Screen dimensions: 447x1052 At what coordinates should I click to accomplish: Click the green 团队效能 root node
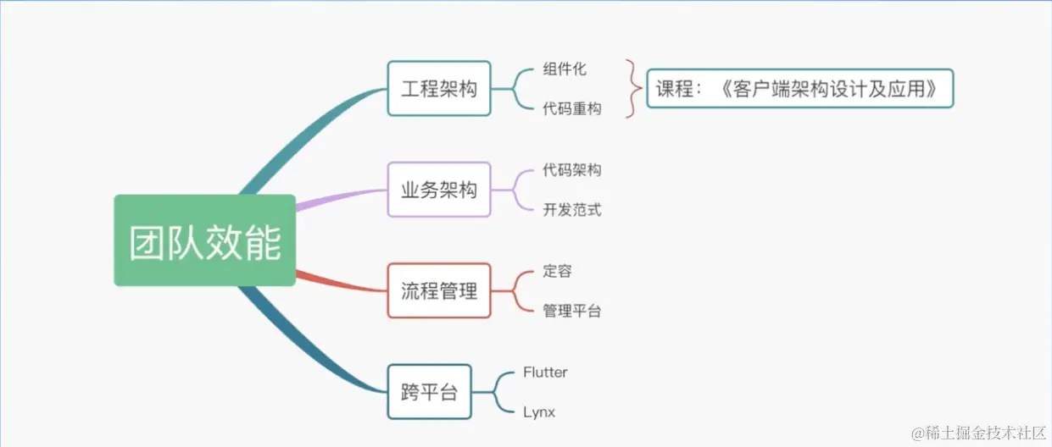pyautogui.click(x=204, y=240)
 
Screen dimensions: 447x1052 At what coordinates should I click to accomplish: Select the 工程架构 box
pyautogui.click(x=438, y=88)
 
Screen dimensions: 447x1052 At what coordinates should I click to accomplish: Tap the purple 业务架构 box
pyautogui.click(x=438, y=190)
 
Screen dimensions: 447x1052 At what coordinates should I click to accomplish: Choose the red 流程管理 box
pyautogui.click(x=438, y=290)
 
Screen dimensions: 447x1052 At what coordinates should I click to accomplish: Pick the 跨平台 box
pyautogui.click(x=429, y=391)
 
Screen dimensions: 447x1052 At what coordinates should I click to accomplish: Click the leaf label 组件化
pyautogui.click(x=565, y=69)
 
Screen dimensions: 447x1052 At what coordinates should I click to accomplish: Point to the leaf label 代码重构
pyautogui.click(x=572, y=108)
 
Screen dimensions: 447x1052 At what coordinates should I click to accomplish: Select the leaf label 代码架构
pyautogui.click(x=572, y=170)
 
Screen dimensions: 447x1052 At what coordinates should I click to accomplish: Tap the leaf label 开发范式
pyautogui.click(x=572, y=210)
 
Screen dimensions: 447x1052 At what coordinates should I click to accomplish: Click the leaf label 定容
pyautogui.click(x=558, y=271)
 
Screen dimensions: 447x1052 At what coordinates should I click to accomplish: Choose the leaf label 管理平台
pyautogui.click(x=572, y=311)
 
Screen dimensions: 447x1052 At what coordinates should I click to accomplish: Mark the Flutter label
pyautogui.click(x=545, y=372)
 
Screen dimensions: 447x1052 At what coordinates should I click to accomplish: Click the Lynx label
pyautogui.click(x=539, y=412)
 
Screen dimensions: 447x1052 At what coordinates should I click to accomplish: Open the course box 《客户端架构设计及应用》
pyautogui.click(x=799, y=88)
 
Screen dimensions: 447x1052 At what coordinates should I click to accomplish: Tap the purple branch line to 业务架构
pyautogui.click(x=339, y=197)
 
